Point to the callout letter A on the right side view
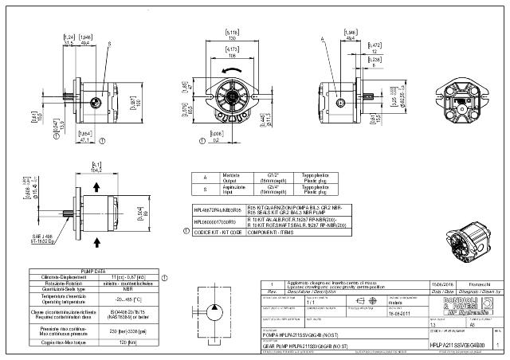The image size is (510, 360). pyautogui.click(x=321, y=37)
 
